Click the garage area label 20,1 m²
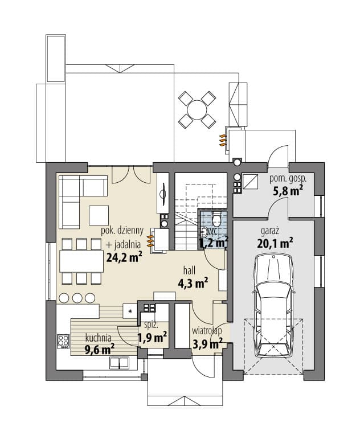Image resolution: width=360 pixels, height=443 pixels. pyautogui.click(x=275, y=243)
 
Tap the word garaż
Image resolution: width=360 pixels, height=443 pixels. pyautogui.click(x=270, y=231)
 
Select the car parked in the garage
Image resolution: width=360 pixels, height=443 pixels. pyautogui.click(x=274, y=305)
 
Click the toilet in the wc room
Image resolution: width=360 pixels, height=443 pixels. pyautogui.click(x=216, y=219)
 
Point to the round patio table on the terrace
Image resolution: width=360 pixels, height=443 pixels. pyautogui.click(x=197, y=110)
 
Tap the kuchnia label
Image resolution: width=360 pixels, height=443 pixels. pyautogui.click(x=99, y=338)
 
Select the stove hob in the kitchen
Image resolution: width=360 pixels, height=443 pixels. pyautogui.click(x=64, y=341)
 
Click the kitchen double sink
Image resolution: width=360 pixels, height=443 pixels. pyautogui.click(x=119, y=363)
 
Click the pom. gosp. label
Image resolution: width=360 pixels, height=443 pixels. pyautogui.click(x=288, y=179)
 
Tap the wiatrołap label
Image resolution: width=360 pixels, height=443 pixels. pyautogui.click(x=207, y=331)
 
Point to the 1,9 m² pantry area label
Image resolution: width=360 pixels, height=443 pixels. pyautogui.click(x=152, y=338)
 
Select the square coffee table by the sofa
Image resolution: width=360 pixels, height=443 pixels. pyautogui.click(x=99, y=215)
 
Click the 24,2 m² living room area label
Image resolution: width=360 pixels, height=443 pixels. pyautogui.click(x=124, y=257)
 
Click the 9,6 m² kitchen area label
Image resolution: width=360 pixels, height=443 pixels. pyautogui.click(x=100, y=350)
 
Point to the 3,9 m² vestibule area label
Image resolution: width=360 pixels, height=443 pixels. pyautogui.click(x=207, y=343)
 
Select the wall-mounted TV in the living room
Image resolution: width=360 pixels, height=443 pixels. pyautogui.click(x=163, y=194)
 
